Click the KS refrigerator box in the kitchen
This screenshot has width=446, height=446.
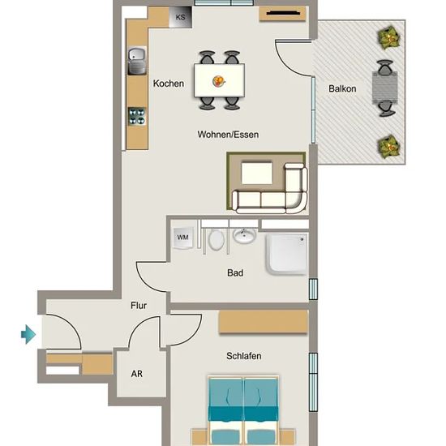point(180,17)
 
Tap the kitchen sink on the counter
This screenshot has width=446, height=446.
point(137,61)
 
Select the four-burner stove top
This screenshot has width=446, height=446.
point(137,116)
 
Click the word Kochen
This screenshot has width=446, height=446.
point(169,84)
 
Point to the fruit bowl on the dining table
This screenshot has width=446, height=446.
point(219,81)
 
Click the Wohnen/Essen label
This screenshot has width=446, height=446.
point(228,135)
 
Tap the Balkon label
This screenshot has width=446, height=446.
point(342,88)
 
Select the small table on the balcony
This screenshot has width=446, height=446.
point(385,88)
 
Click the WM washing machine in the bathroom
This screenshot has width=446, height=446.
point(183,238)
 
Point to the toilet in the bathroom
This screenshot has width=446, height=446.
point(217,240)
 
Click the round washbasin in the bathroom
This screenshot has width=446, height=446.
point(244,236)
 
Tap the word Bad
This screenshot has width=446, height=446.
point(235,273)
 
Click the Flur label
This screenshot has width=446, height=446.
point(139,306)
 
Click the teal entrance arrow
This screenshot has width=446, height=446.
point(28,334)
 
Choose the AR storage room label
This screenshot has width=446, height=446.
point(137,374)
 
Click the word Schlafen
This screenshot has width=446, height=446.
point(244,356)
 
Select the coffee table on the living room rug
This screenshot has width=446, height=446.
point(257,173)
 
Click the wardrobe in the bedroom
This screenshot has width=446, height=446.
point(264,322)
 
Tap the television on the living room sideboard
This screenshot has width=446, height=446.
point(283,13)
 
